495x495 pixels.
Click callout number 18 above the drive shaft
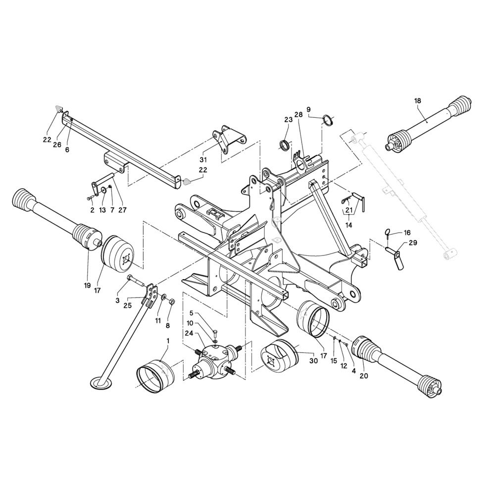click(417, 101)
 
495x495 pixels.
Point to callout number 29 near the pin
click(413, 243)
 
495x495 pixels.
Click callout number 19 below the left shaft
click(87, 286)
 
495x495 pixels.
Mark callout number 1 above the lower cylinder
click(168, 341)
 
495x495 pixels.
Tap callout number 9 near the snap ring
click(308, 109)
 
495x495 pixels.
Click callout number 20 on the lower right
click(364, 376)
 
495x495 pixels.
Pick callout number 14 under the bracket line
click(349, 225)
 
